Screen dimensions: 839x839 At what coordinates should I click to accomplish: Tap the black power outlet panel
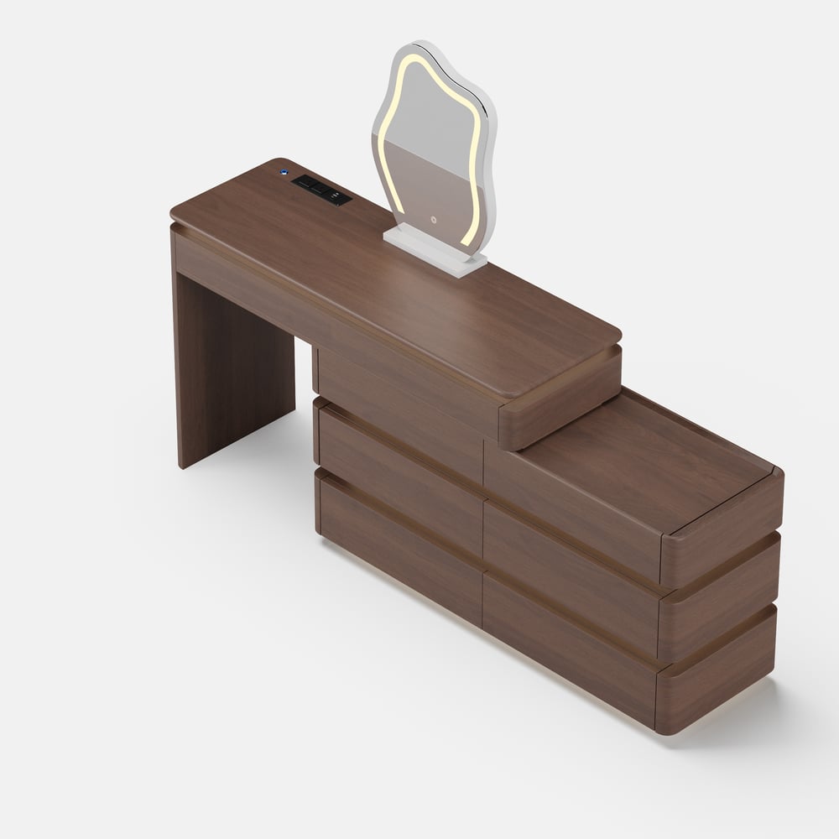(321, 190)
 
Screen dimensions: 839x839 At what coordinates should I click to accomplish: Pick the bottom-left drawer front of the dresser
(399, 545)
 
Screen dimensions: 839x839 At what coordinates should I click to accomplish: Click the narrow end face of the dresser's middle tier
(719, 604)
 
